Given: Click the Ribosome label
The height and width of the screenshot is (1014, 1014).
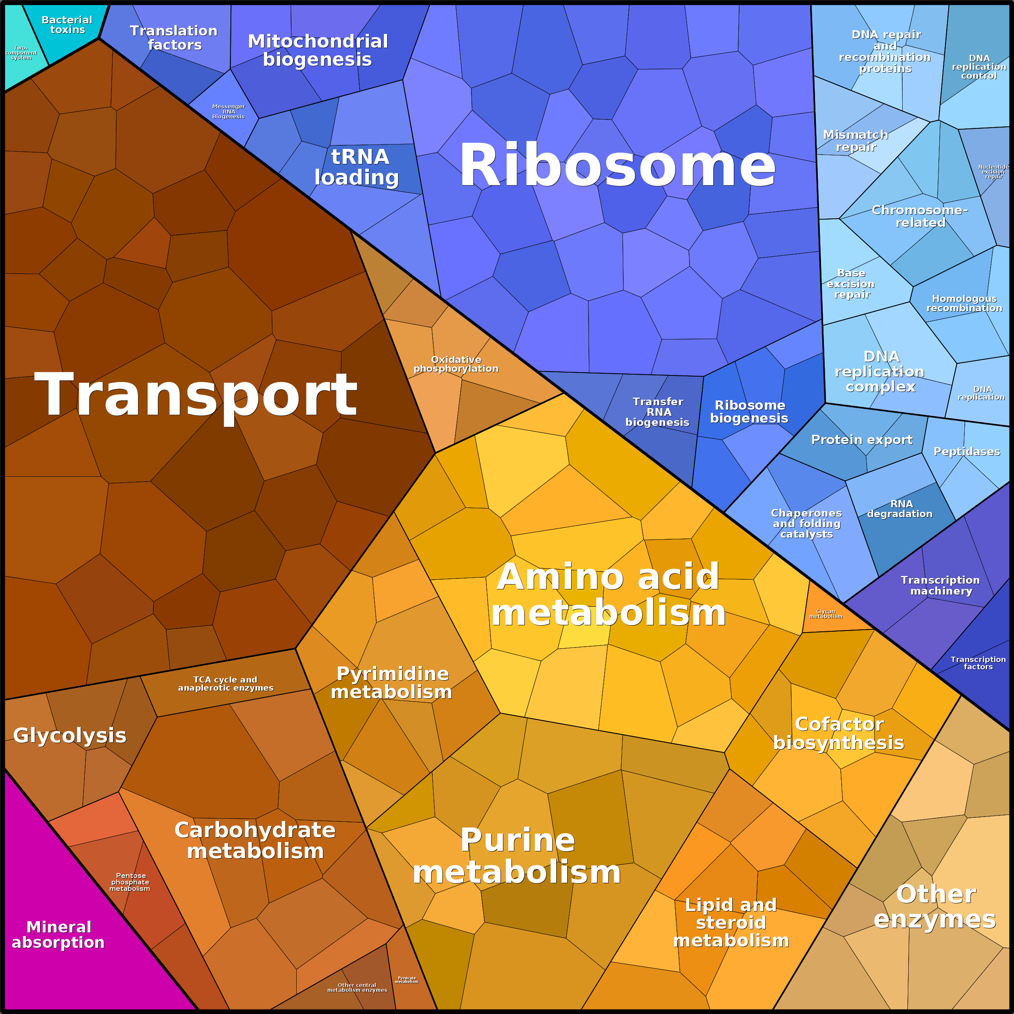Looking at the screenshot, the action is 617,166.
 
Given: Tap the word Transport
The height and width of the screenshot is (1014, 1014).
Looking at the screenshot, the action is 196,395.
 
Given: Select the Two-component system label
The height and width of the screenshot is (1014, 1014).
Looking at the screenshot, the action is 21,52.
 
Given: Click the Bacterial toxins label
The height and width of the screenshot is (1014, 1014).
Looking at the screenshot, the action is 67,25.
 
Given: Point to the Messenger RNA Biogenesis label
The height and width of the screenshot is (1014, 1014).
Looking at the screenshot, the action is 228,111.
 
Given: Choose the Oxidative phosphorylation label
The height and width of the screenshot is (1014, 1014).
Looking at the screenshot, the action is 456,364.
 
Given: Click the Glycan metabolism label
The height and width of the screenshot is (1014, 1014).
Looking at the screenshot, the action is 825,614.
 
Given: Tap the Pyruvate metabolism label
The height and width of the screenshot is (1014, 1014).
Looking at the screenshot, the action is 407,979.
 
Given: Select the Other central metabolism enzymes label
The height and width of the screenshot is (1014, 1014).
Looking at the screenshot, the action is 357,987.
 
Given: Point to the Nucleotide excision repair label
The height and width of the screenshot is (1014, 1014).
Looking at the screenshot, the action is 993,172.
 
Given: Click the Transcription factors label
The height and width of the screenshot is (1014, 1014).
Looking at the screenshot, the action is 978,662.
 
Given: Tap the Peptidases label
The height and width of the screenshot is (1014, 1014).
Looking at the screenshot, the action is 967,451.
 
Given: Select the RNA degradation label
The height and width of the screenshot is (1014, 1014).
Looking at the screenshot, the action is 900,509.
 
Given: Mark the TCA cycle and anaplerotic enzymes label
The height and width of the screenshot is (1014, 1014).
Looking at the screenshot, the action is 226,683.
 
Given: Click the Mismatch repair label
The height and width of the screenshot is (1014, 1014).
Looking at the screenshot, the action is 855,140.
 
